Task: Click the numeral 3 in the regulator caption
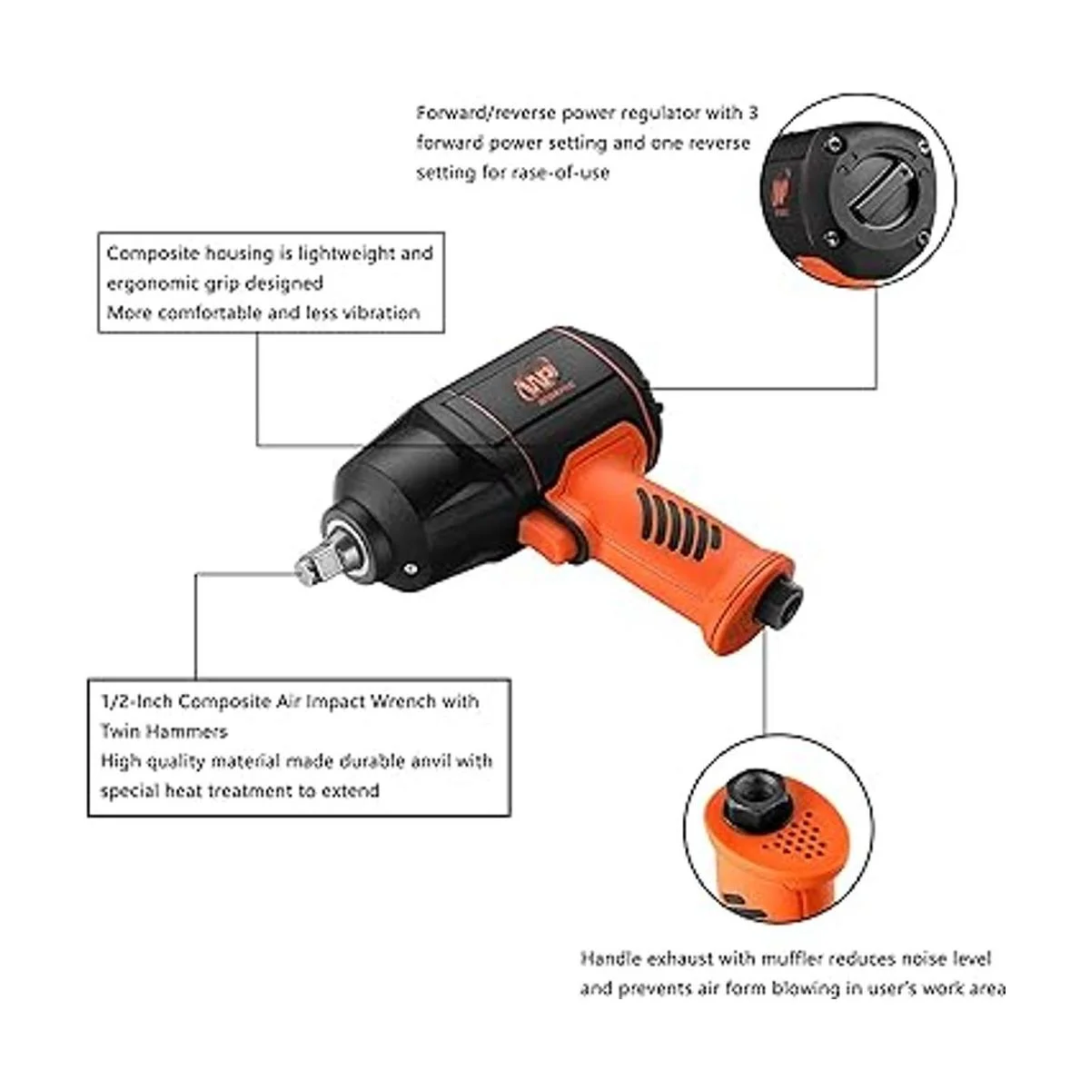pos(752,113)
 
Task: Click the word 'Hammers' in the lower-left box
pos(187,731)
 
